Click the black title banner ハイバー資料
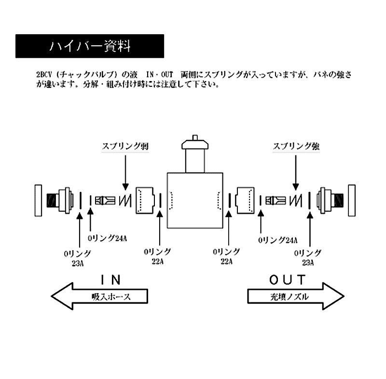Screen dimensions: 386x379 pyautogui.click(x=90, y=46)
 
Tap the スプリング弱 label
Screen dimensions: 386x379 pyautogui.click(x=125, y=146)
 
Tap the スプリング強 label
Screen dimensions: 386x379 pyautogui.click(x=296, y=146)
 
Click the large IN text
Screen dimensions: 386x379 pyautogui.click(x=111, y=280)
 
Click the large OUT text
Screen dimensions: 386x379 pyautogui.click(x=287, y=280)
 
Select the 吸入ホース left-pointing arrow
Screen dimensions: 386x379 pyautogui.click(x=99, y=296)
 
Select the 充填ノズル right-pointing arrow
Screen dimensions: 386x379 pyautogui.click(x=296, y=296)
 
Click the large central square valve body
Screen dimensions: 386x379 pyautogui.click(x=195, y=201)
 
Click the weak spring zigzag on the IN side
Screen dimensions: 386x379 pyautogui.click(x=125, y=201)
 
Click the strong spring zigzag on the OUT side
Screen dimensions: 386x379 pyautogui.click(x=296, y=201)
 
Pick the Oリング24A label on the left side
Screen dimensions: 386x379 pyautogui.click(x=107, y=238)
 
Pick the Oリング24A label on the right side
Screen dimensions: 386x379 pyautogui.click(x=278, y=240)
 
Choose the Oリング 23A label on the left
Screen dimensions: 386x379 pyautogui.click(x=78, y=258)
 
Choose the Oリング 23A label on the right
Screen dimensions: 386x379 pyautogui.click(x=308, y=257)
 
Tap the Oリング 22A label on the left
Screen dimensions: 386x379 pyautogui.click(x=158, y=256)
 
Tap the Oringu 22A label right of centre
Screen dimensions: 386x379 pyautogui.click(x=226, y=256)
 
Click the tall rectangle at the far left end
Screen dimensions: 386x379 pyautogui.click(x=39, y=201)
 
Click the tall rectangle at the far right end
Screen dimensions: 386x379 pyautogui.click(x=352, y=201)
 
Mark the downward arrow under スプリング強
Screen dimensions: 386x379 pyautogui.click(x=296, y=173)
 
